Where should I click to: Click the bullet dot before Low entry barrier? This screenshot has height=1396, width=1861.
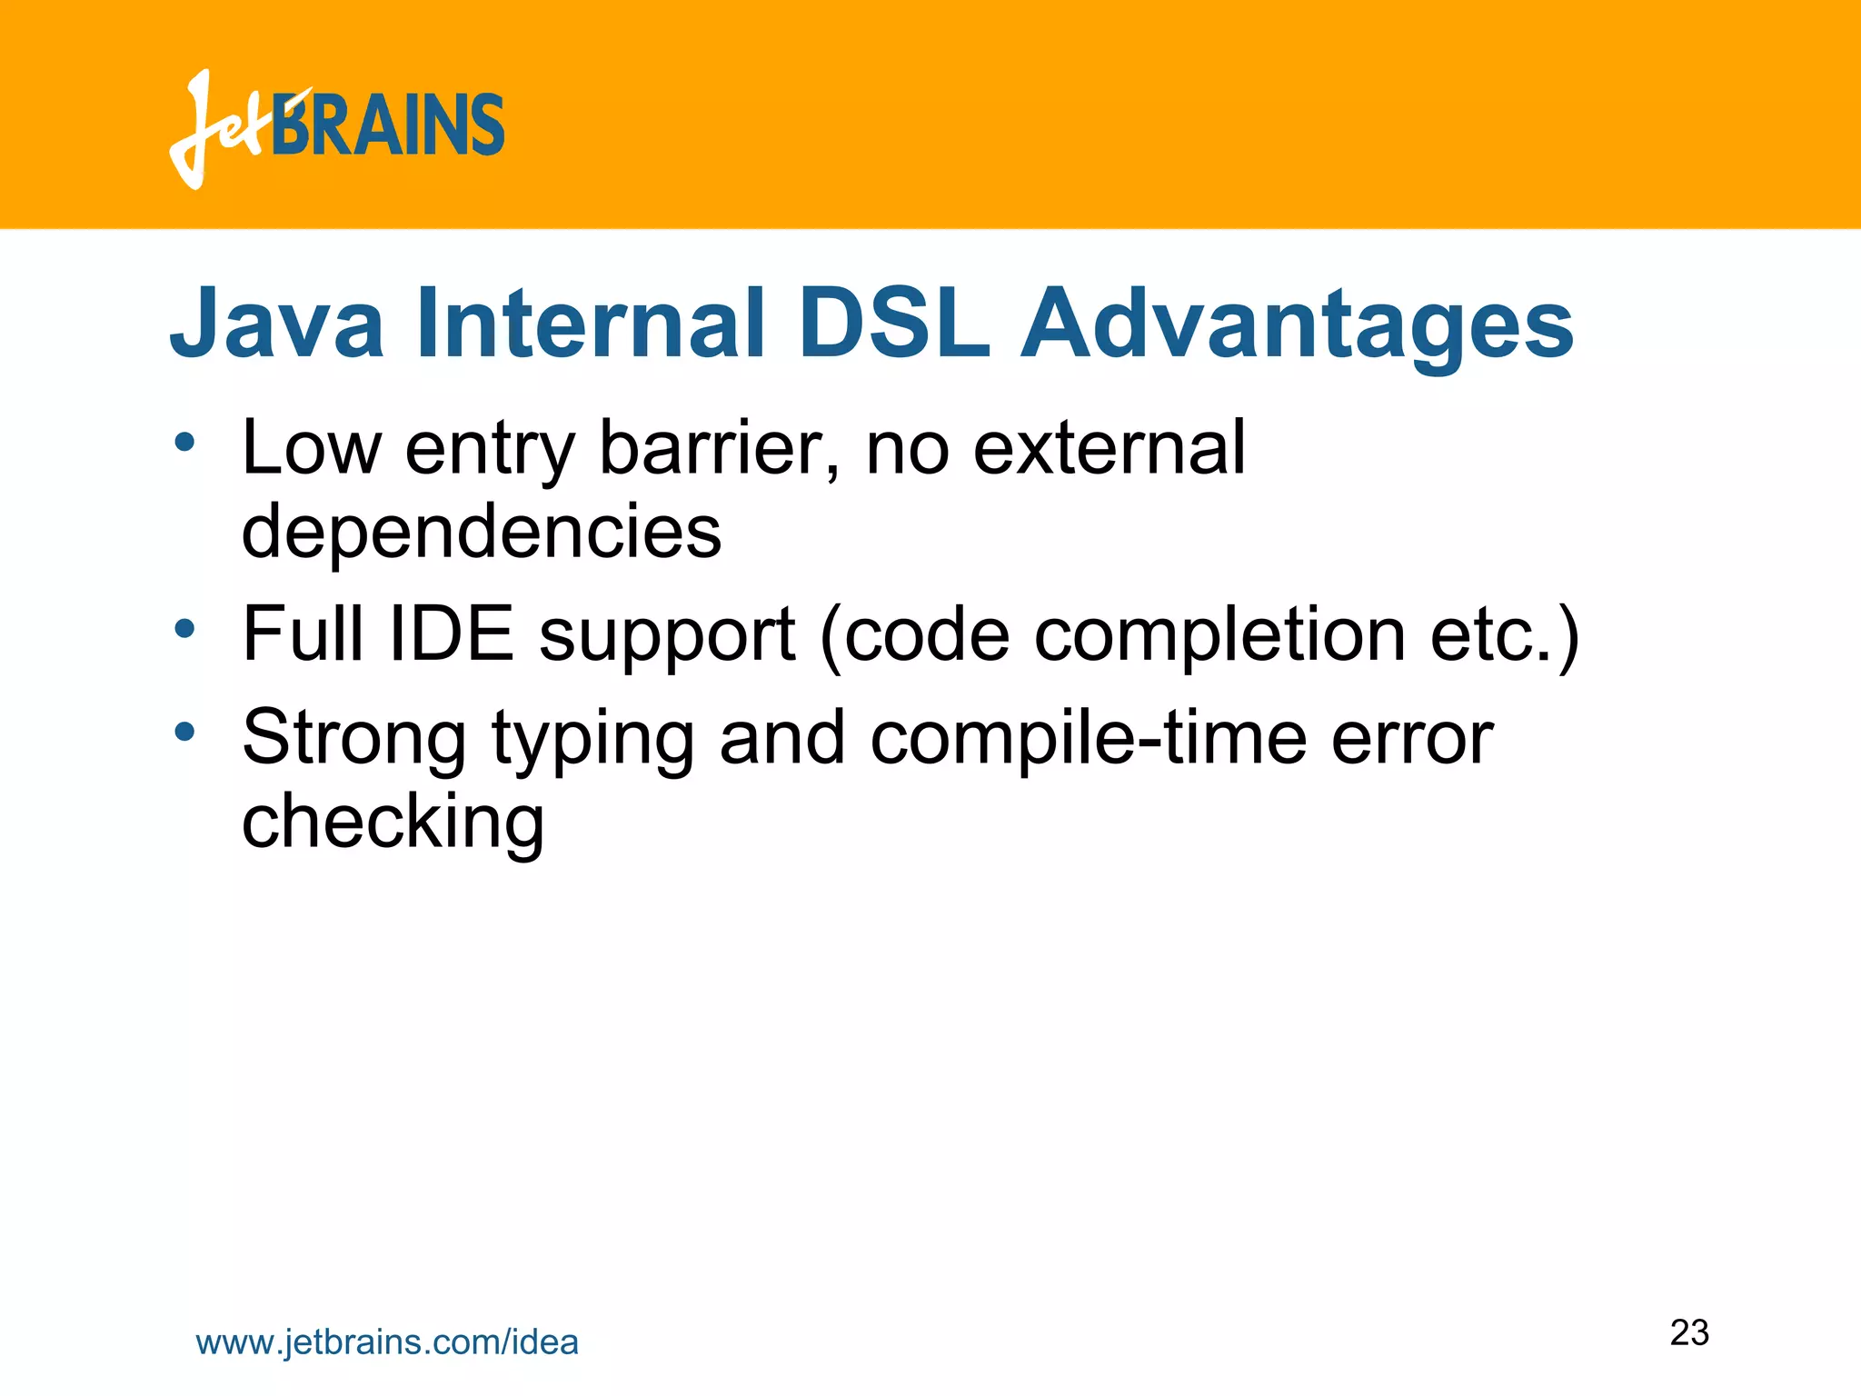(184, 444)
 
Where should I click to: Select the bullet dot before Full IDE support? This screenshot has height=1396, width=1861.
(184, 628)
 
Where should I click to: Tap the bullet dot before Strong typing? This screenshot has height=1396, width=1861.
(184, 732)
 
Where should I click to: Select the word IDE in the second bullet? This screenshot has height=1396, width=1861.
(451, 633)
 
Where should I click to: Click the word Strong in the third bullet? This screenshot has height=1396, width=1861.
(354, 738)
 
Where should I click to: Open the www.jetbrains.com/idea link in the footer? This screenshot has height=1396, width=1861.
(387, 1342)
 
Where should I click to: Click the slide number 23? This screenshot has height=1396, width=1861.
(1689, 1332)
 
